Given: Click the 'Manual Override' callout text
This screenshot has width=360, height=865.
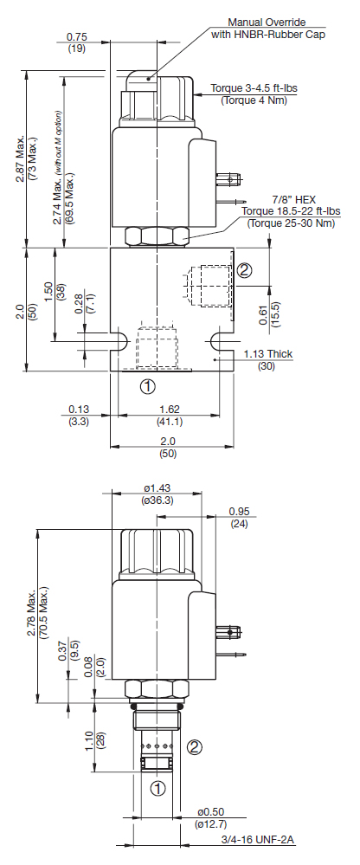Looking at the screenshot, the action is (x=267, y=23).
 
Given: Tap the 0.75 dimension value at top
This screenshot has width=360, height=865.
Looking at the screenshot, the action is (x=77, y=37).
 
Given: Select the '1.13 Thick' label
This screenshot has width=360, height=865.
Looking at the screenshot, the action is (x=268, y=354).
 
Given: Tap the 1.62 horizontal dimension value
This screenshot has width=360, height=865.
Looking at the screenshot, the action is (x=169, y=410).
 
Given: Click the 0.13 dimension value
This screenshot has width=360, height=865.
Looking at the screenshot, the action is (x=79, y=410).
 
